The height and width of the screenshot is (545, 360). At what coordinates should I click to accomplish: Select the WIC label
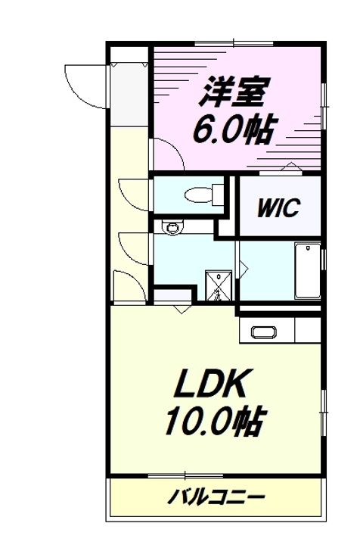(x=278, y=207)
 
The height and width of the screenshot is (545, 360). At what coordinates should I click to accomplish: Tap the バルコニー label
(x=216, y=497)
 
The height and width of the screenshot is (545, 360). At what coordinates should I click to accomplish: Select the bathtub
(x=308, y=270)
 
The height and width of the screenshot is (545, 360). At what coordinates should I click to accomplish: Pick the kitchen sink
(x=263, y=332)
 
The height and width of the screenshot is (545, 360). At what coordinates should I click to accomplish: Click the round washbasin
(x=172, y=229)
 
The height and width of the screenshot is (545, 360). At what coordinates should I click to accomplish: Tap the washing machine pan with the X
(x=219, y=285)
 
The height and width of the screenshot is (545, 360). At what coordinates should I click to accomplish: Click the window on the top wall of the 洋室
(x=234, y=44)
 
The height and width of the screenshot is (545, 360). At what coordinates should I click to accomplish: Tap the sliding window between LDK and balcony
(x=185, y=475)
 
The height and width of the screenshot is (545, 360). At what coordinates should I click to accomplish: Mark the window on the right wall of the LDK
(x=324, y=413)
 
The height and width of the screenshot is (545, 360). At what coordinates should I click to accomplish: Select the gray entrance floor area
(x=129, y=95)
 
